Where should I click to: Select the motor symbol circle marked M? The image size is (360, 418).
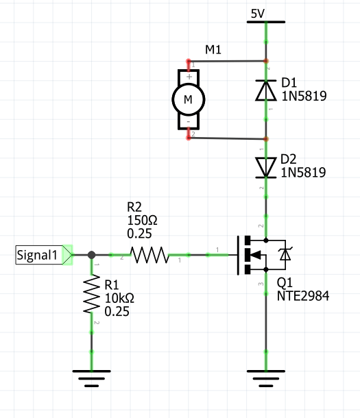(187, 99)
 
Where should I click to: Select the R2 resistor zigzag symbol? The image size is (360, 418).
(149, 256)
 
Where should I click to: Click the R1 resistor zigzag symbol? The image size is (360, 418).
(91, 295)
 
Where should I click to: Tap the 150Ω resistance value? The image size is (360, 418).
(142, 220)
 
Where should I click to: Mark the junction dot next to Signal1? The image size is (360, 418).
(91, 256)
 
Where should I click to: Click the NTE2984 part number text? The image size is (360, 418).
(304, 296)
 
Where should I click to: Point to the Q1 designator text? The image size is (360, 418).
(285, 284)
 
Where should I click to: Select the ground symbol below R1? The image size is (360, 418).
(91, 376)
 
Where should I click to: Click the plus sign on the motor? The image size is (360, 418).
(188, 76)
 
